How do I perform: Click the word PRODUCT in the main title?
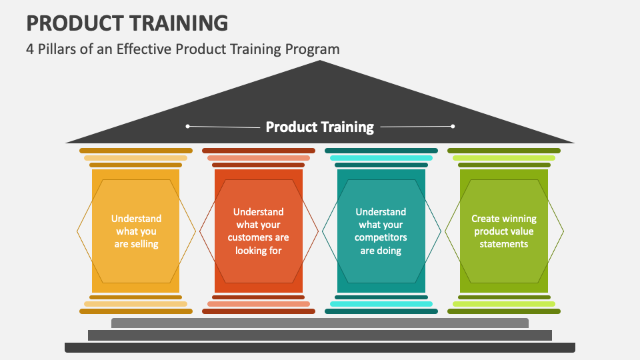pos(76,23)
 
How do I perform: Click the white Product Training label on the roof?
pos(319,127)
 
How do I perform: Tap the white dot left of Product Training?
pos(188,126)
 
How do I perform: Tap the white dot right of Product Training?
pos(453,126)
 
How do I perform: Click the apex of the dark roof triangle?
pos(320,61)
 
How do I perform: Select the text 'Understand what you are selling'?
pos(136,231)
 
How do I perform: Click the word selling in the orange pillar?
pos(145,244)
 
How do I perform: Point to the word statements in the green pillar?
pos(504,244)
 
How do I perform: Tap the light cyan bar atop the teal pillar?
pos(381,158)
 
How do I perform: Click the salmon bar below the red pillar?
pos(259,304)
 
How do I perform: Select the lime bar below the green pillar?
pos(504,304)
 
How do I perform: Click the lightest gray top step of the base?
pos(320,323)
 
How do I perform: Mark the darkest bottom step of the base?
pos(320,347)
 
